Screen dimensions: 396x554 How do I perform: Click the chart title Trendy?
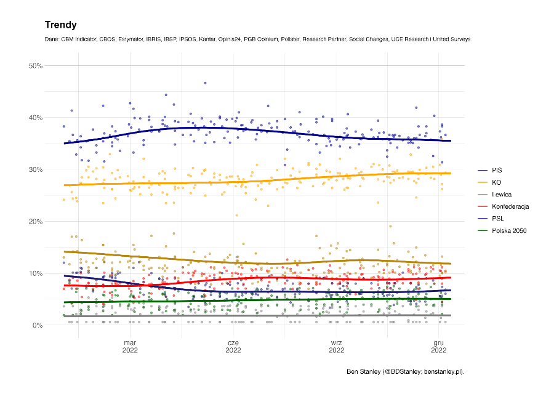coord(60,25)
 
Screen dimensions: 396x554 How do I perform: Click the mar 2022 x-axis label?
coord(130,347)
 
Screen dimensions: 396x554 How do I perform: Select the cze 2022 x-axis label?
coord(233,347)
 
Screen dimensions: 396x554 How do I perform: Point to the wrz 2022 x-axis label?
coord(336,347)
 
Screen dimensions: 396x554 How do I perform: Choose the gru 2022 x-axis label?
coord(439,347)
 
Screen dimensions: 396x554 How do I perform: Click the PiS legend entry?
coord(497,169)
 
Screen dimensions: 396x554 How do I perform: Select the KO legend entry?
coord(497,182)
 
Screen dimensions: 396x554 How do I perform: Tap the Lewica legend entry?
coord(502,194)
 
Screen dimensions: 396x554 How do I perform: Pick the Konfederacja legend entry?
coord(510,206)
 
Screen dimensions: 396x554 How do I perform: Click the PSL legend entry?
coord(498,219)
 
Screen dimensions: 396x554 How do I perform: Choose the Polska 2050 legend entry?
coord(509,231)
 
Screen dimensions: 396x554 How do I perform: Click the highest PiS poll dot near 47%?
coord(205,83)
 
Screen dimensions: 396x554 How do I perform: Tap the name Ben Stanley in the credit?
coord(363,372)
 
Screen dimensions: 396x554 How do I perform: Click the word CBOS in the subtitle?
coord(109,39)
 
